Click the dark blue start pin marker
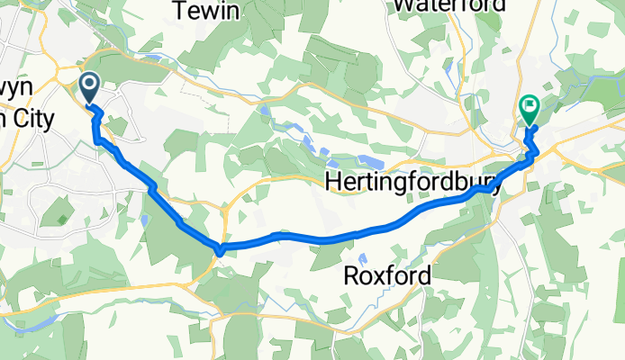point(91,88)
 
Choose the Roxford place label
point(387,275)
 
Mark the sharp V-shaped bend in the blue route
point(219,248)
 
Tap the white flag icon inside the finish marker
point(529,106)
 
